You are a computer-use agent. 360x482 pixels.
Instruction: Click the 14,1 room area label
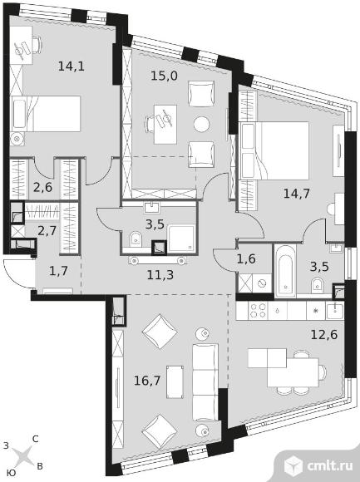point(71,66)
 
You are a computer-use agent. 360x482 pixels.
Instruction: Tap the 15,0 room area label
point(164,76)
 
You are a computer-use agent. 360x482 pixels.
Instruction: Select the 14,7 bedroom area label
point(296,194)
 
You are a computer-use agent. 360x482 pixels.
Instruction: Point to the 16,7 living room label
point(147,381)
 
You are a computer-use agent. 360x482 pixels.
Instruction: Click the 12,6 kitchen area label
point(324,334)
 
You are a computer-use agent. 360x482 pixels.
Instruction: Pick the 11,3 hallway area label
point(160,275)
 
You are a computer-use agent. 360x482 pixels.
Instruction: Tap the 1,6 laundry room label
point(246,258)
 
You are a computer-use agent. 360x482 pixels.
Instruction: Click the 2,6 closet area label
point(42,187)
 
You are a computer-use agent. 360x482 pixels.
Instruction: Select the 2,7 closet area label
point(47,230)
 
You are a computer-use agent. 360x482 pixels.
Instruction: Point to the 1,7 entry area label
point(58,271)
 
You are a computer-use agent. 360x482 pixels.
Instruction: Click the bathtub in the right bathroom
point(286,271)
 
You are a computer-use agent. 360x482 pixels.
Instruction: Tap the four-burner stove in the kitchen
point(258,311)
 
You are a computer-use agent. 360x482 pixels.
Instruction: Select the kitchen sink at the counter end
point(335,311)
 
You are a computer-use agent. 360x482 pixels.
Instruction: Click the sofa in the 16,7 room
point(205,382)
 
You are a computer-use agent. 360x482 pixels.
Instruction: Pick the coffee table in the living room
point(175,381)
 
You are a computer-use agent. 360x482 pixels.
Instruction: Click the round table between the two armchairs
point(202,124)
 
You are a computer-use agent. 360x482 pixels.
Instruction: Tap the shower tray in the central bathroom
point(181,238)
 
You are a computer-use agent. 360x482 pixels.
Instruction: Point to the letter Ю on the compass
point(12,473)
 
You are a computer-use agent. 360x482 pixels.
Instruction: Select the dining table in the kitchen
point(293,372)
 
